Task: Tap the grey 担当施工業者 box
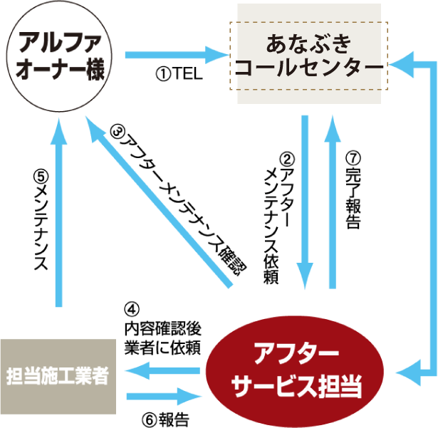(58, 376)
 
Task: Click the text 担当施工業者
(58, 376)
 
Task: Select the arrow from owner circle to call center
(174, 54)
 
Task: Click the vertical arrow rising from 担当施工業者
(59, 214)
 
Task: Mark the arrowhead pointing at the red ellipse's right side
(407, 370)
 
